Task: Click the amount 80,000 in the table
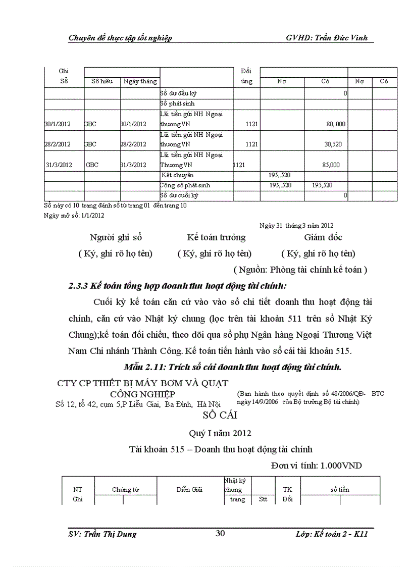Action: pos(335,124)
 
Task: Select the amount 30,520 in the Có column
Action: pos(333,144)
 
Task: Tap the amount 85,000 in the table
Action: pos(331,165)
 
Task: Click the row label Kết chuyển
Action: pos(174,175)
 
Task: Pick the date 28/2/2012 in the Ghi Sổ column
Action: pos(58,144)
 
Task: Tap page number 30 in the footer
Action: pos(220,534)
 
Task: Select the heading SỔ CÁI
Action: pos(220,416)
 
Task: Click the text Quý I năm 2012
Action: pos(220,433)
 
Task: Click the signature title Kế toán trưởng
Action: pos(216,237)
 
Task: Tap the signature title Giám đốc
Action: pos(323,237)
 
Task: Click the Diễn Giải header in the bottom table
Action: pos(189,490)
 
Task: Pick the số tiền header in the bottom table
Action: pos(340,490)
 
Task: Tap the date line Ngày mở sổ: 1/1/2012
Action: pos(74,215)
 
